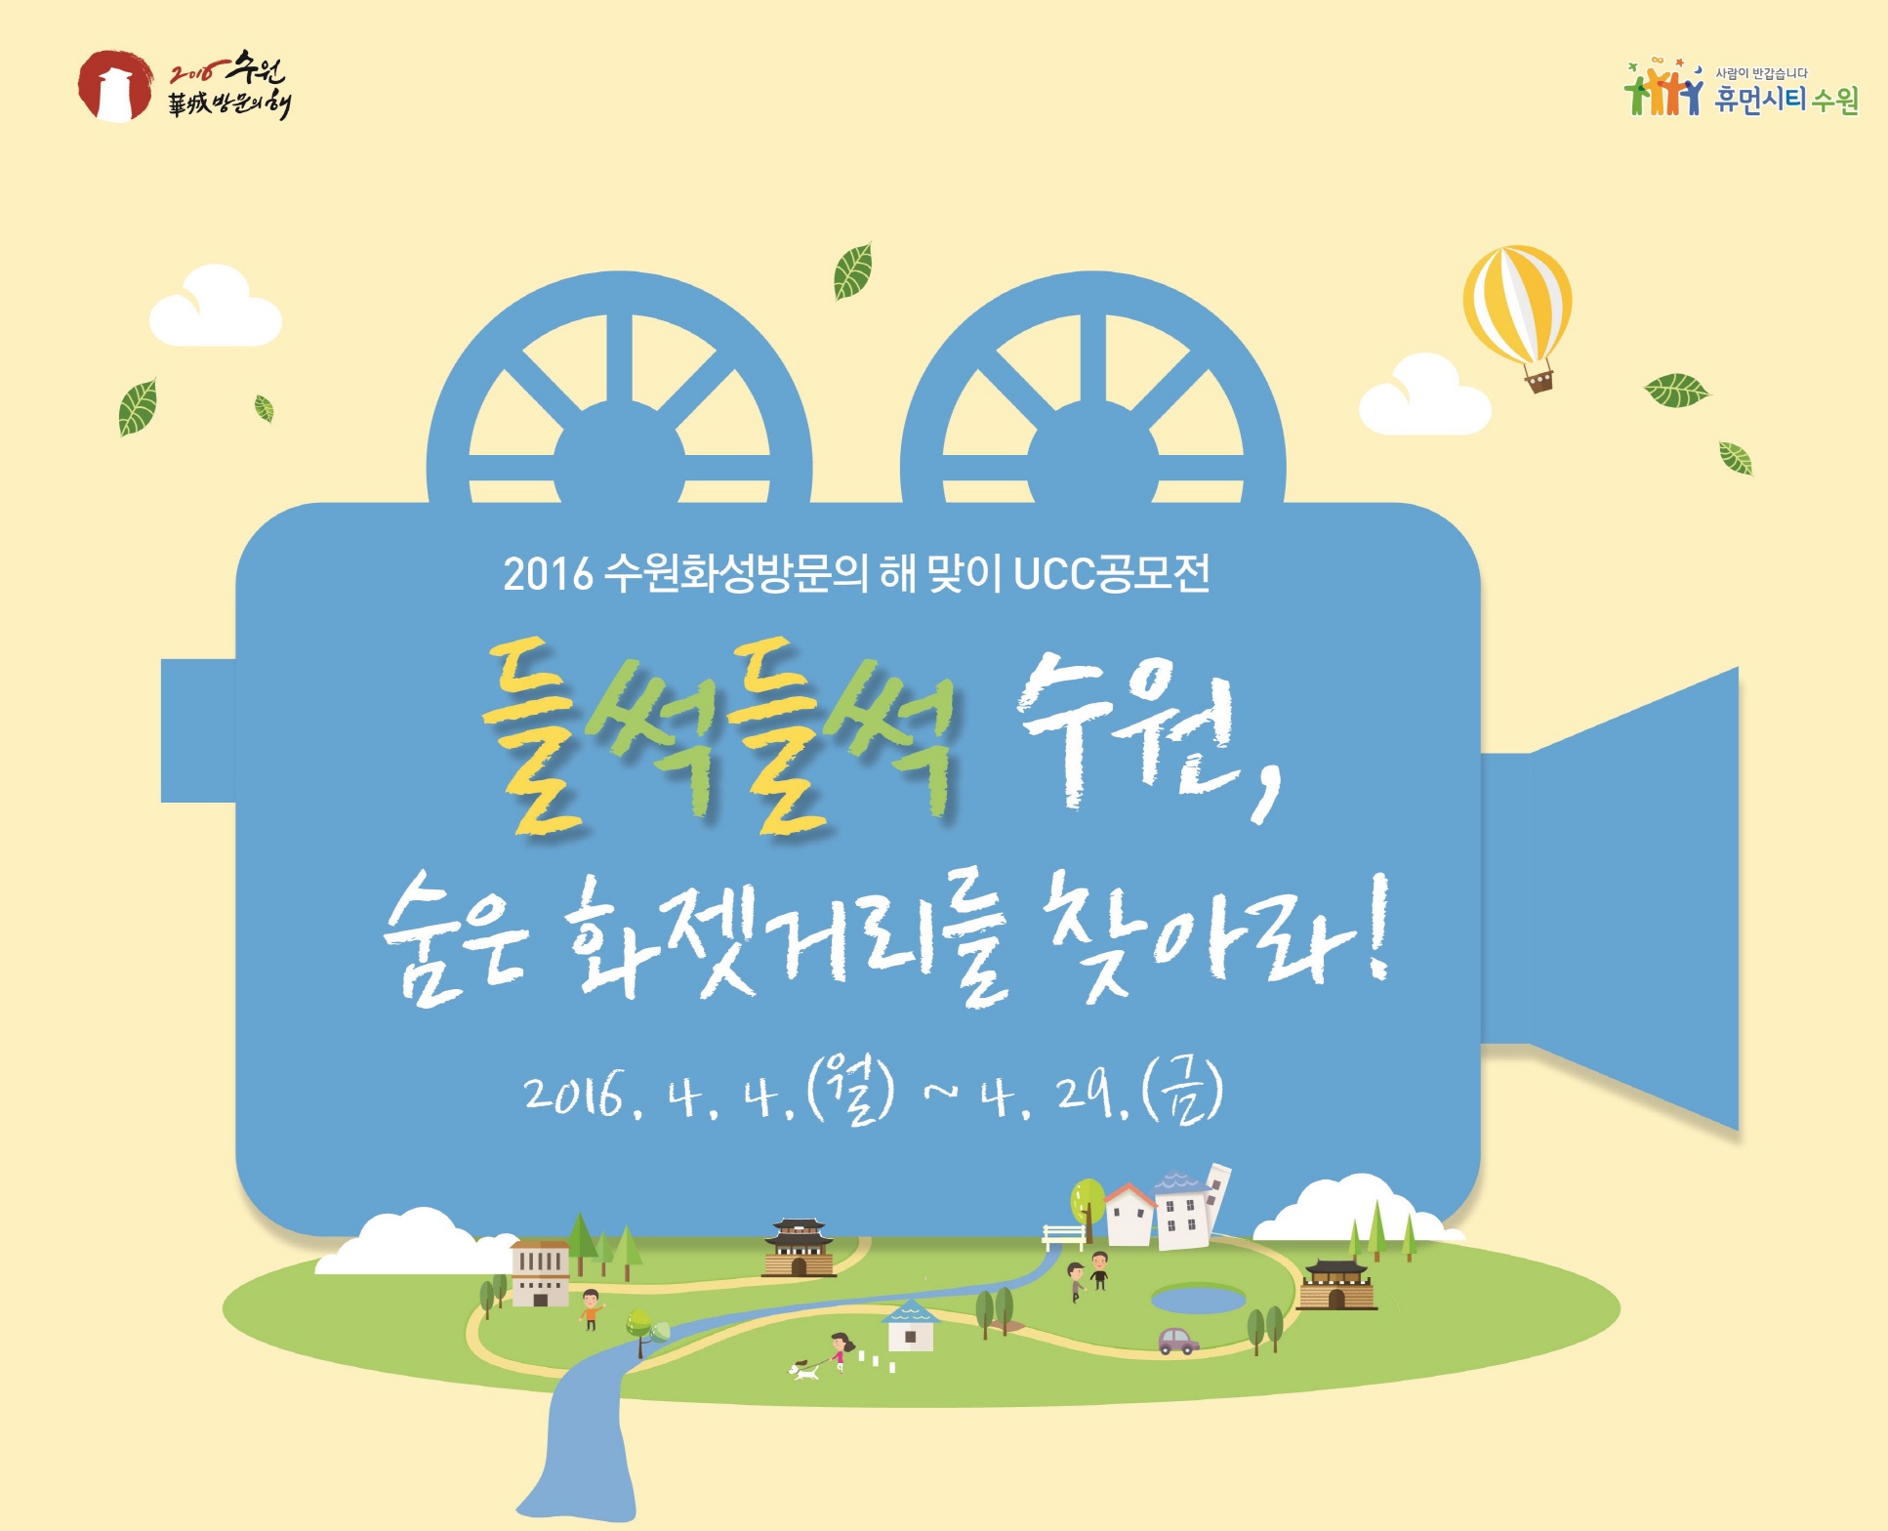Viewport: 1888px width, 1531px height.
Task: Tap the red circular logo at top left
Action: coord(115,87)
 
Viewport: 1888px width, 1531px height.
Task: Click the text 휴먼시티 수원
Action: coord(1785,100)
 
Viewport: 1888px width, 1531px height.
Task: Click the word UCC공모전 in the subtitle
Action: coord(1112,574)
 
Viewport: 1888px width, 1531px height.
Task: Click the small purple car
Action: coord(1178,1341)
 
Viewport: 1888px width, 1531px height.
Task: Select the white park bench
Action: coord(1063,1237)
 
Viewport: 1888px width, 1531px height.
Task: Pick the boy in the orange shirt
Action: coord(591,1309)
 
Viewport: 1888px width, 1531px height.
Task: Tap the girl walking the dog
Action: coord(840,1350)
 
